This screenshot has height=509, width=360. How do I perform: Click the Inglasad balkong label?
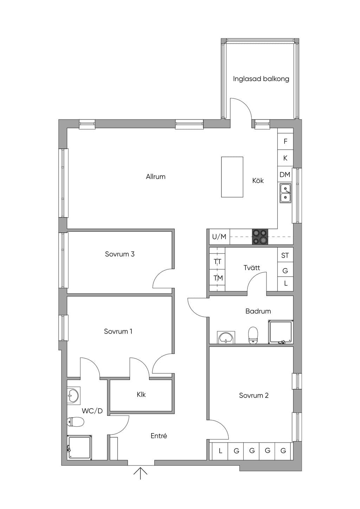[x=261, y=79]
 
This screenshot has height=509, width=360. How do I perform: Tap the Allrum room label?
[x=156, y=176]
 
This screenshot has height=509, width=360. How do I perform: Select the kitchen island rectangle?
[x=232, y=177]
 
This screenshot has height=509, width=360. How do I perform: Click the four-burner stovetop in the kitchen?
[x=260, y=237]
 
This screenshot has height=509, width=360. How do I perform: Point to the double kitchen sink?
[x=285, y=193]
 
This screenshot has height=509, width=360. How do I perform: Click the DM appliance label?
[x=285, y=174]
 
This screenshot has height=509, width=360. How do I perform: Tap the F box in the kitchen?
[x=285, y=141]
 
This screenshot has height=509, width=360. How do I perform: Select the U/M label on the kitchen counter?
[x=219, y=237]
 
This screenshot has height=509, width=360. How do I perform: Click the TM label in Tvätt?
[x=218, y=278]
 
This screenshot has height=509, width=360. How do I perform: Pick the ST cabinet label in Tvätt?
[x=285, y=256]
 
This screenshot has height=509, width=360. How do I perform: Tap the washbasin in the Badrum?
[x=226, y=337]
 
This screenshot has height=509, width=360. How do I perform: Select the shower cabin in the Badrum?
[x=281, y=332]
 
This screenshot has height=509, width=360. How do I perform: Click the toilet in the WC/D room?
[x=76, y=422]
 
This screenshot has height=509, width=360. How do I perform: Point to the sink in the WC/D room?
[x=73, y=395]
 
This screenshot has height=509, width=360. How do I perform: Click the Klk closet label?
[x=141, y=394]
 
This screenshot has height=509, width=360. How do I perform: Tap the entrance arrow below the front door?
[x=140, y=472]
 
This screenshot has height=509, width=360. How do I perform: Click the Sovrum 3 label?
[x=120, y=254]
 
